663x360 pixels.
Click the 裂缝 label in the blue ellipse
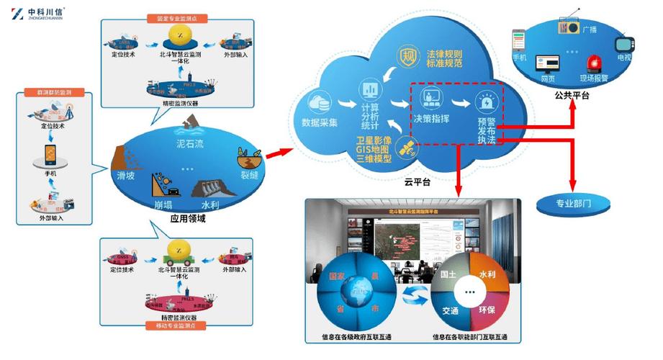248,173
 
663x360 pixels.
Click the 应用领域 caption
188,217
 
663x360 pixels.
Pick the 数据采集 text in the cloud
319,121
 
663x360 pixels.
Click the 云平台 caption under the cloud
417,183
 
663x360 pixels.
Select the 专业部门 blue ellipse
574,203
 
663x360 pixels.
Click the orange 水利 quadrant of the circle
487,276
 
